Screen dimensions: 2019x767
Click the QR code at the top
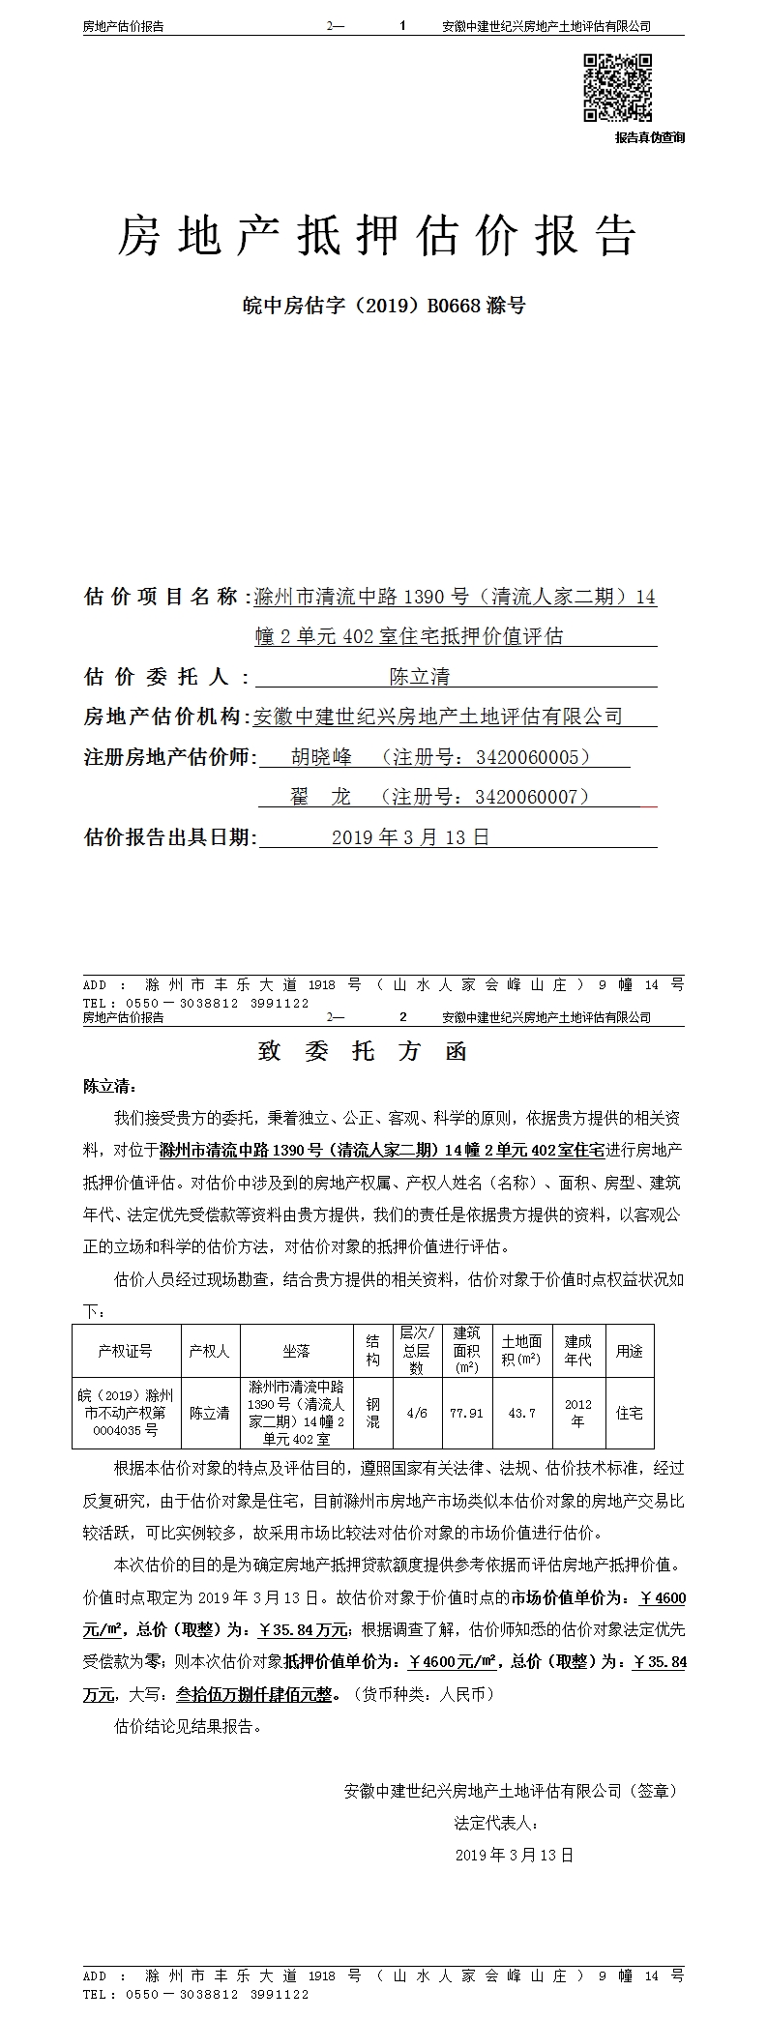[x=617, y=88]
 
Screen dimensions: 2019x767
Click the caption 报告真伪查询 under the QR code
[x=649, y=137]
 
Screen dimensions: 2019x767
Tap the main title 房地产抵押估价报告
[x=377, y=235]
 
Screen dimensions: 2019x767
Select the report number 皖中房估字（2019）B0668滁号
[x=383, y=306]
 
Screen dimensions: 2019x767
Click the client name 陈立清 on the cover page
[x=419, y=676]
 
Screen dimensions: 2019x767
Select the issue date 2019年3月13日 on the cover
[x=410, y=837]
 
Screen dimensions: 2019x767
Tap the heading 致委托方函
[x=363, y=1051]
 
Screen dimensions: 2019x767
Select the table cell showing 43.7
[x=521, y=1413]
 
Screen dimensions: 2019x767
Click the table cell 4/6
[x=417, y=1413]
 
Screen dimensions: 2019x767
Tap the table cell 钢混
[x=372, y=1413]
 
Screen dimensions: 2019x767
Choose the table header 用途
[x=629, y=1351]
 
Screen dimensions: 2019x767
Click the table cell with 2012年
[x=577, y=1413]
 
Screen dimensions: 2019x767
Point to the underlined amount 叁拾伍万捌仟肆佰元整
[x=255, y=1694]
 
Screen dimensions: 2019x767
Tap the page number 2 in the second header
[x=403, y=1017]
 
